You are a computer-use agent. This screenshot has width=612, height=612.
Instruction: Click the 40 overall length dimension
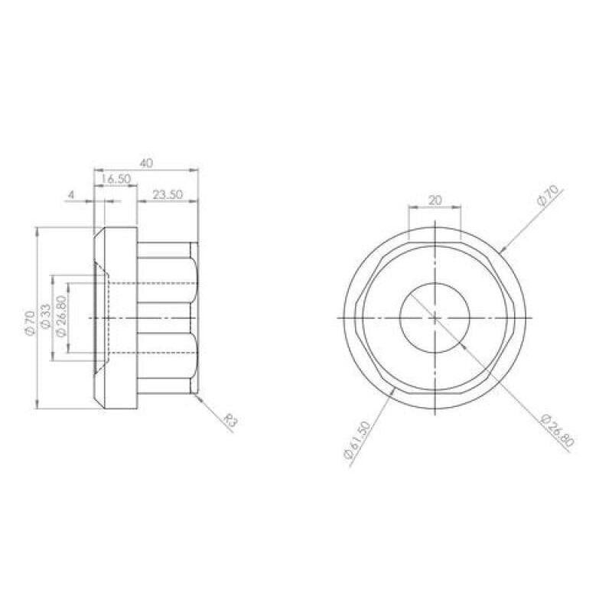tap(146, 163)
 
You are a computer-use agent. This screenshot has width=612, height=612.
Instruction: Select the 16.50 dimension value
tap(116, 179)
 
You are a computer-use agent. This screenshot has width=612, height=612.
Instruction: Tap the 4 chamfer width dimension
tap(71, 194)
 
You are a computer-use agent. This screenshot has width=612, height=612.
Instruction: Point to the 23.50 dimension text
tap(168, 194)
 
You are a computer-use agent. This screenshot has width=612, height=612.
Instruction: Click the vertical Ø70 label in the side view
tap(30, 322)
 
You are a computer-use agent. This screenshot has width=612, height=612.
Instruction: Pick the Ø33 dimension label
tap(45, 316)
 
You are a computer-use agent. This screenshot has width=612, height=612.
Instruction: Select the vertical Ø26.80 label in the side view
tap(60, 316)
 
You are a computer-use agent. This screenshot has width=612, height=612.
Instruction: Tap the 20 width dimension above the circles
tap(435, 200)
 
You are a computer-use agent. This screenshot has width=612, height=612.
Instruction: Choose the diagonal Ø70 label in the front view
tap(549, 195)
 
